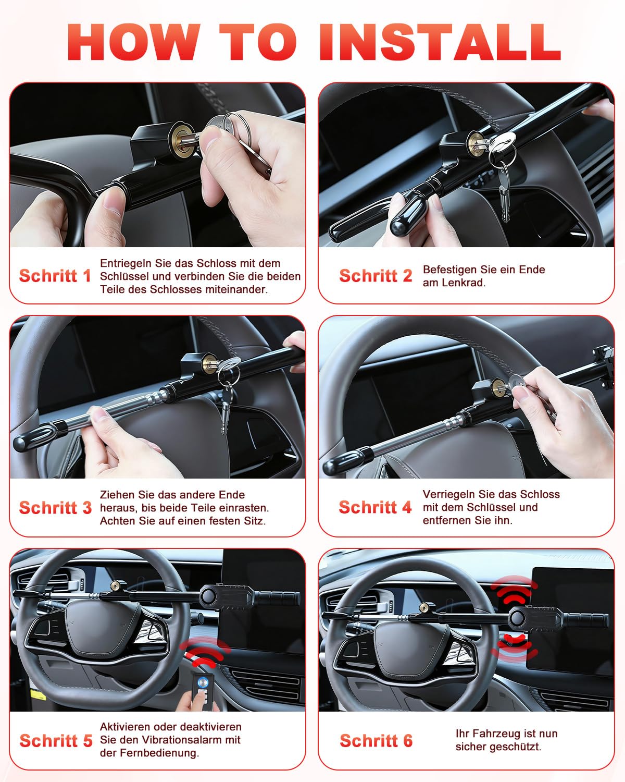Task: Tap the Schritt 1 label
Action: (55, 276)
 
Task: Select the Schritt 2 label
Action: (376, 276)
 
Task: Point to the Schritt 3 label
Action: (55, 508)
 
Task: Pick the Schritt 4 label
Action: (375, 507)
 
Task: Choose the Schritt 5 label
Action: (56, 741)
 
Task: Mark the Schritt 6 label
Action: (376, 741)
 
